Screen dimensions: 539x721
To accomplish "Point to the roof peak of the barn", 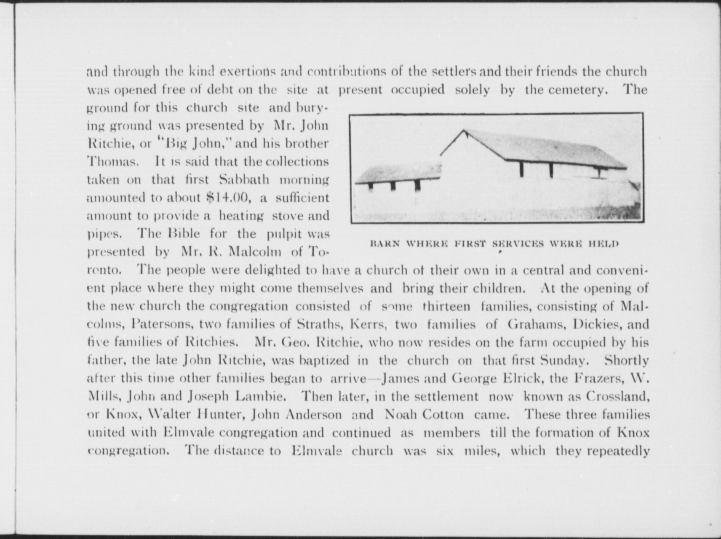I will tap(464, 131).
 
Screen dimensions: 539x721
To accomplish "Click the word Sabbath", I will tap(244, 179).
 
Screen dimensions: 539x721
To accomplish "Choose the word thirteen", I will tap(446, 306).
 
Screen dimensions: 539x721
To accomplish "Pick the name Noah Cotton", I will tap(424, 414).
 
